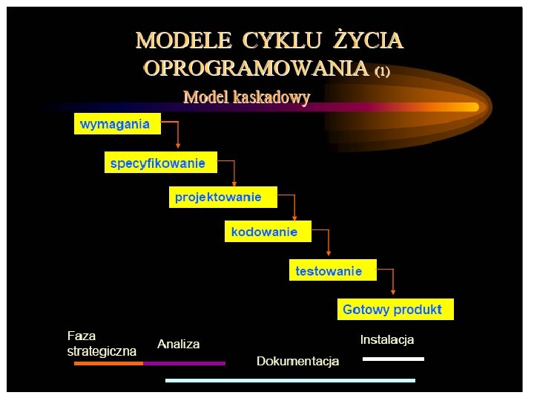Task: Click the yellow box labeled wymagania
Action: click(x=117, y=124)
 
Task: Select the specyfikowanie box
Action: click(x=161, y=162)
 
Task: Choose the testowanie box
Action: click(x=332, y=270)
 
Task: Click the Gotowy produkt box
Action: click(x=395, y=309)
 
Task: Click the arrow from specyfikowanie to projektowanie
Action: click(x=234, y=171)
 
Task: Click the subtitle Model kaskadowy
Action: click(x=246, y=97)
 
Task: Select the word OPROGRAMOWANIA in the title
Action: click(x=256, y=69)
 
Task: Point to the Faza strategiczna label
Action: click(x=102, y=343)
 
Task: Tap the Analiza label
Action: click(x=178, y=345)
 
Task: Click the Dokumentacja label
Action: click(x=297, y=362)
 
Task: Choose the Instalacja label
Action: click(x=386, y=340)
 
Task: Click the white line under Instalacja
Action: click(x=393, y=359)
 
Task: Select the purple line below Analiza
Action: click(x=184, y=364)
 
